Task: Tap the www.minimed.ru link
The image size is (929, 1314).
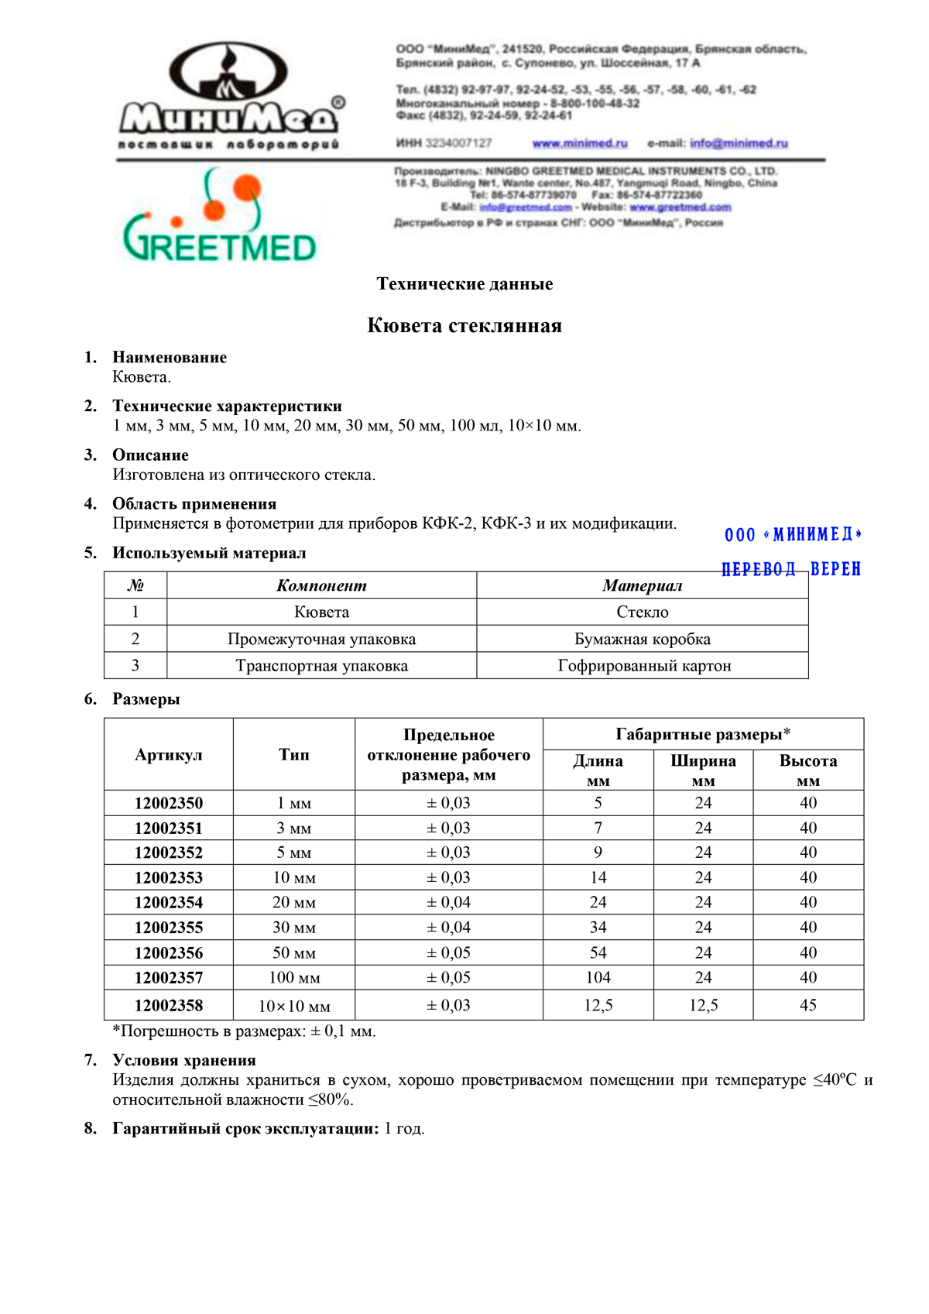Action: tap(580, 143)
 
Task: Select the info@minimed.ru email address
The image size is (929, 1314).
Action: tap(739, 143)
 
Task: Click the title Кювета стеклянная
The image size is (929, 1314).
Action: tap(464, 325)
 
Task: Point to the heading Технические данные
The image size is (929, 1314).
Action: tap(464, 284)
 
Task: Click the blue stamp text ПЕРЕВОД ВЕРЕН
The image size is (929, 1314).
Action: tap(791, 569)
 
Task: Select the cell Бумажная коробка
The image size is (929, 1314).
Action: tap(643, 639)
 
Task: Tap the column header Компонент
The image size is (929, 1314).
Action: tap(321, 585)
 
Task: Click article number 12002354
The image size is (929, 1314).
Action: tap(169, 902)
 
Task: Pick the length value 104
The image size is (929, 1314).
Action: tap(598, 977)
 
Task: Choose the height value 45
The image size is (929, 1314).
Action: tap(808, 1005)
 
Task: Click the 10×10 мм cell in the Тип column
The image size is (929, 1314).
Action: tap(294, 1007)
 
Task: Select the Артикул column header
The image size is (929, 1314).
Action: tap(169, 755)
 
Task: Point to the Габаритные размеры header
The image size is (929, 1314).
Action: tap(703, 734)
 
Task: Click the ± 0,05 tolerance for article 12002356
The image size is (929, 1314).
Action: tap(449, 952)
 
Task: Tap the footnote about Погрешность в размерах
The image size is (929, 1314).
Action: tap(245, 1031)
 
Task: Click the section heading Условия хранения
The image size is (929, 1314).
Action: tap(184, 1060)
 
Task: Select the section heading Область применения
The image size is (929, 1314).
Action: tap(194, 504)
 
